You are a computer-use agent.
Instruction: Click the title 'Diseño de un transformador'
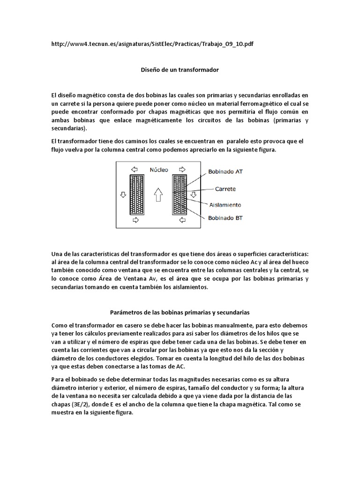pyautogui.click(x=180, y=69)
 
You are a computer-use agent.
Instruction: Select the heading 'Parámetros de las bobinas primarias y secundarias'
pyautogui.click(x=180, y=311)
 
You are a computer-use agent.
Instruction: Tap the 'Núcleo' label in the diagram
pyautogui.click(x=159, y=170)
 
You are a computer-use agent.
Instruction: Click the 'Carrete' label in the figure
pyautogui.click(x=225, y=189)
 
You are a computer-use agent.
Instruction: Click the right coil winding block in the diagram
pyautogui.click(x=180, y=194)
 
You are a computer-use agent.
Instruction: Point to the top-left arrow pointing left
pyautogui.click(x=135, y=170)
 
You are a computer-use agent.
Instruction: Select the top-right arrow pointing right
pyautogui.click(x=181, y=170)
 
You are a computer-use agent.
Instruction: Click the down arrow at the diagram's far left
pyautogui.click(x=123, y=195)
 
